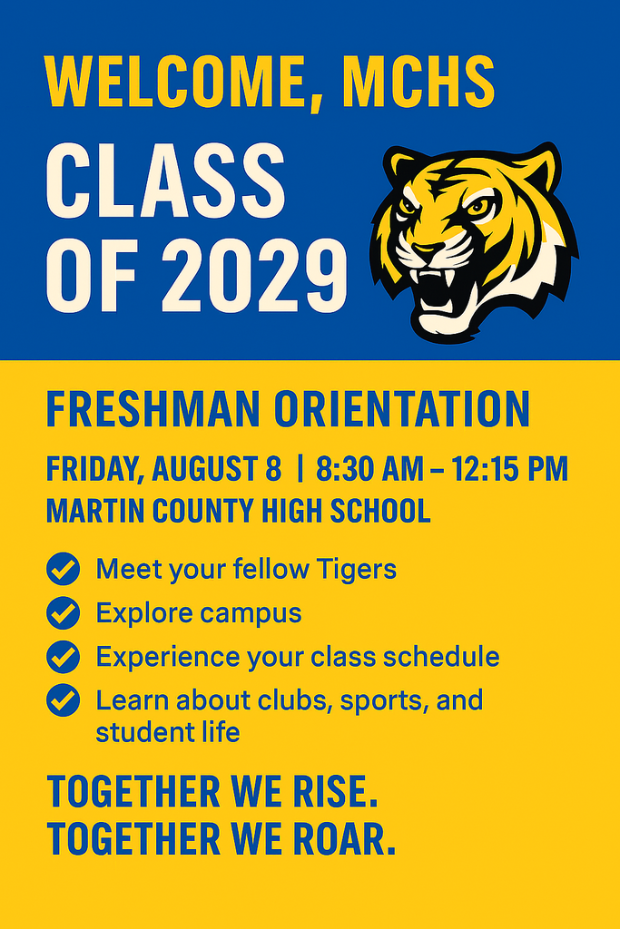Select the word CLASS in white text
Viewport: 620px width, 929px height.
click(165, 180)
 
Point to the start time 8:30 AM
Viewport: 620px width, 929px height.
click(369, 470)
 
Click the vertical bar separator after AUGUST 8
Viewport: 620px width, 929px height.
click(300, 470)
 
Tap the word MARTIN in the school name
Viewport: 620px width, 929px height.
click(89, 512)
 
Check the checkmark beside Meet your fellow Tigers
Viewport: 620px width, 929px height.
click(63, 570)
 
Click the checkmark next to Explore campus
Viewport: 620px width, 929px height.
click(63, 613)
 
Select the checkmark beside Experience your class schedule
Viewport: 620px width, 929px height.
click(63, 656)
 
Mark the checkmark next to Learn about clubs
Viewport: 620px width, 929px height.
click(63, 699)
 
